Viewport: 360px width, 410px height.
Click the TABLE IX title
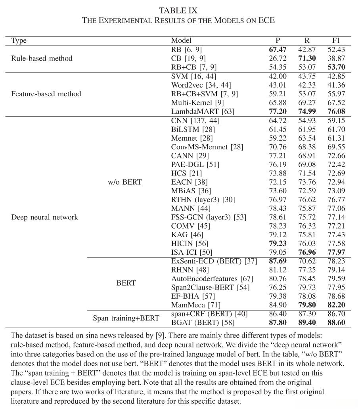tap(178, 10)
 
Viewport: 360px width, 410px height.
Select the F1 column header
tap(336, 40)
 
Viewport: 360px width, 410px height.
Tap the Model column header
tap(181, 40)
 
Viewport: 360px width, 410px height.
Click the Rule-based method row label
tap(42, 58)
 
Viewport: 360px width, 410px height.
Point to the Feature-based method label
tap(46, 94)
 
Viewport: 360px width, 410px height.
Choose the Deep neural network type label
tap(44, 217)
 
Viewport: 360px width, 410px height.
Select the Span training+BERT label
tap(126, 318)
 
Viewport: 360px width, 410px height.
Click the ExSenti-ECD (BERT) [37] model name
tap(214, 261)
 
